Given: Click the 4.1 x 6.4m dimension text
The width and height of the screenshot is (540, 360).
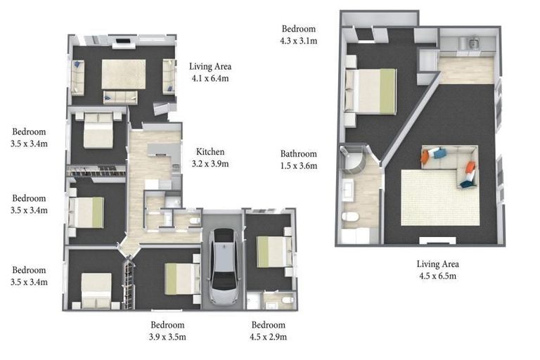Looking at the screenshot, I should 210,79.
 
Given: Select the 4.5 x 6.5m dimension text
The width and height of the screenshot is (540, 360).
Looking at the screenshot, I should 437,276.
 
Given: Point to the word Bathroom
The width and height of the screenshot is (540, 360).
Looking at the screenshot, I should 299,154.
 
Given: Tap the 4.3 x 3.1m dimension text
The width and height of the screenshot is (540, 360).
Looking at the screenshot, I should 299,41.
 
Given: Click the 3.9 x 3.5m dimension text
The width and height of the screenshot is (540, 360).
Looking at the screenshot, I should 167,337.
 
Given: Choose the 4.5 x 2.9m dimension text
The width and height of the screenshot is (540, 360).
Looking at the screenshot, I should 269,337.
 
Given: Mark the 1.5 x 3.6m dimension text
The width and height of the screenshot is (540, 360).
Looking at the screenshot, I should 299,166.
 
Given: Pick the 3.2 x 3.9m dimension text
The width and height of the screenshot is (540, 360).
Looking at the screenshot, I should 210,164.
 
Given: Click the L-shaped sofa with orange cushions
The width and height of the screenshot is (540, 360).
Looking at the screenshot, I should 451,165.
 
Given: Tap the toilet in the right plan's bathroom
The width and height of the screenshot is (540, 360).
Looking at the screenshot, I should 349,218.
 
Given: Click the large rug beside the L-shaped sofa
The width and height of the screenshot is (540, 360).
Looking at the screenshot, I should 429,199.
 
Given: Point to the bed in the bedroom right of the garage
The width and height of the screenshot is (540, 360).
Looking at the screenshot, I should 272,251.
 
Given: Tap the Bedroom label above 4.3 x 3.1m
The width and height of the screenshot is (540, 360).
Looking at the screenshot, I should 299,30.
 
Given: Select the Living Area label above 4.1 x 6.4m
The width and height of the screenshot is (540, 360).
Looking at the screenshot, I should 210,67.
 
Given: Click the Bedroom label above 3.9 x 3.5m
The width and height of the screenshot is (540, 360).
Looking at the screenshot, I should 167,325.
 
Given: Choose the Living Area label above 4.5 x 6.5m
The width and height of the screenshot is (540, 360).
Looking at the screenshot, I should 437,264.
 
